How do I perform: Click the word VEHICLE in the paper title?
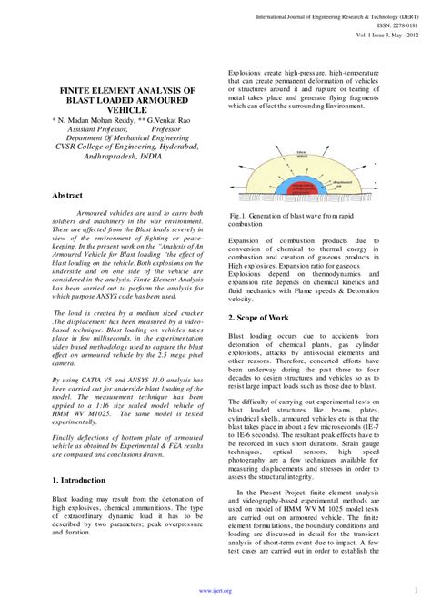[x=126, y=106]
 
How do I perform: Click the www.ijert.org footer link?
[x=215, y=590]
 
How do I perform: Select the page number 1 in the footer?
[x=414, y=589]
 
